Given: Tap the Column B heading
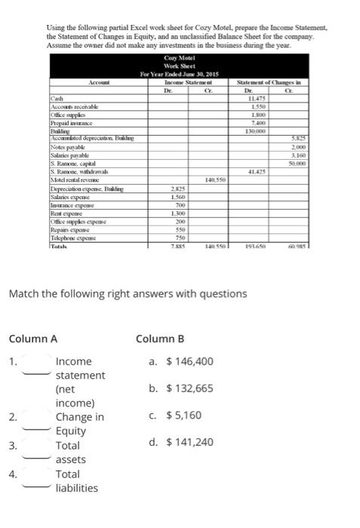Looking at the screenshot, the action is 160,338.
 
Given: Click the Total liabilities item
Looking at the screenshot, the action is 76,480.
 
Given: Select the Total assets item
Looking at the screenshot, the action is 71,452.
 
